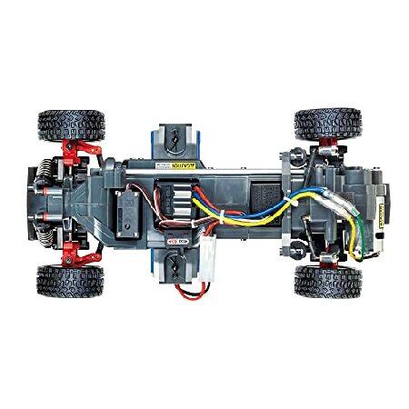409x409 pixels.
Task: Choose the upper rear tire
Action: [327, 124]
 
